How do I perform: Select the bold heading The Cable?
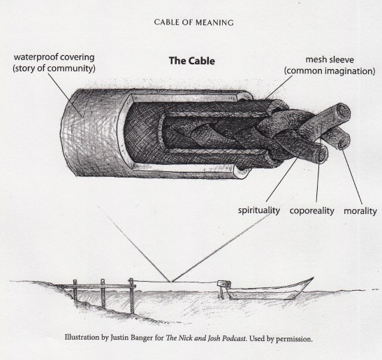click(192, 60)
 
